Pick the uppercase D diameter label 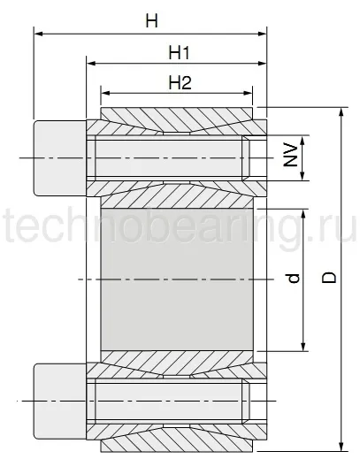point(328,278)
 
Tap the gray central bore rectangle point(177,279)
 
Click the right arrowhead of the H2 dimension point(249,92)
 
